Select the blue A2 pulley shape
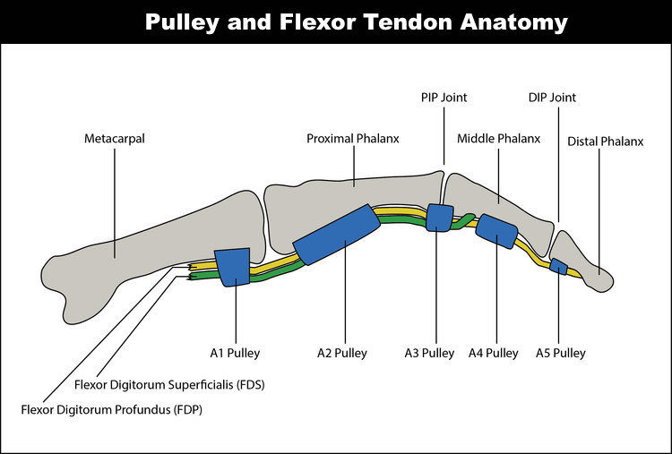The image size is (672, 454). (x=336, y=236)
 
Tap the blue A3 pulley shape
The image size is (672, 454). (x=439, y=218)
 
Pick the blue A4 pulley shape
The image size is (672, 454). (x=496, y=231)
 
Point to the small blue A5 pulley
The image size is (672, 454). (x=558, y=267)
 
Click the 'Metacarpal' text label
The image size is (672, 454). (x=115, y=139)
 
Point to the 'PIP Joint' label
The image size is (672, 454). (x=444, y=97)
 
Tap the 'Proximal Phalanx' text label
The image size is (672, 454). (x=353, y=139)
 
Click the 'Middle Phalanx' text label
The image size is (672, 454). (x=499, y=139)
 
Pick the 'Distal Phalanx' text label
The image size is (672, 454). (x=606, y=141)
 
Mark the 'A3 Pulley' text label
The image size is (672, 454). (x=429, y=353)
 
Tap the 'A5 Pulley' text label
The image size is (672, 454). (x=560, y=353)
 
